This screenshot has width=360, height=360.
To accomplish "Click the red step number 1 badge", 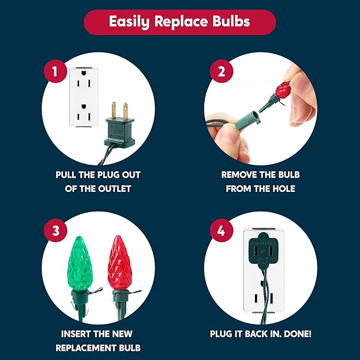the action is [55, 71].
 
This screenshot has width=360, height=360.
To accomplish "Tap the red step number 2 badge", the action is [221, 71].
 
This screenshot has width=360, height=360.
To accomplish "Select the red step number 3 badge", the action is [55, 230].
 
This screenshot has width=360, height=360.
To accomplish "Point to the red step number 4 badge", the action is [221, 230].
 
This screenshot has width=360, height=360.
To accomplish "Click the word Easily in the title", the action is [129, 22].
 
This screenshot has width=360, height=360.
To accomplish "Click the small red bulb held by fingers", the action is [284, 90].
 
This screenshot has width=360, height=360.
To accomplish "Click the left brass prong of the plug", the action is [114, 110].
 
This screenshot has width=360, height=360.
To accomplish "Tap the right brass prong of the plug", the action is [125, 111].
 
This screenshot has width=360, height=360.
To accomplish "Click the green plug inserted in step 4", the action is [264, 251].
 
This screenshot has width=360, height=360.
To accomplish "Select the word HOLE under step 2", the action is [284, 189].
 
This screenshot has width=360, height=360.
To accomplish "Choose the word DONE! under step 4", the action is [297, 334].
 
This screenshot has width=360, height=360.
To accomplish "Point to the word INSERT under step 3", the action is [74, 334].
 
